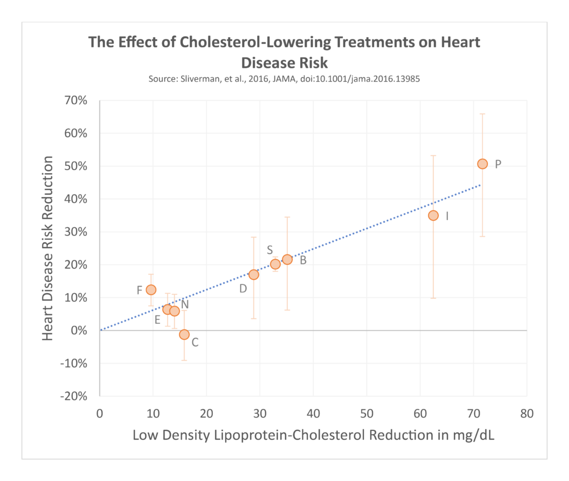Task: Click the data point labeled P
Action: pyautogui.click(x=482, y=164)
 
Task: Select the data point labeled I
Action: pyautogui.click(x=433, y=216)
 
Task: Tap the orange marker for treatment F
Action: pyautogui.click(x=151, y=289)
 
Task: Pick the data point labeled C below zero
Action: pyautogui.click(x=184, y=334)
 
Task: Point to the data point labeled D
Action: pyautogui.click(x=254, y=274)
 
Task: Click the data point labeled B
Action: pyautogui.click(x=287, y=259)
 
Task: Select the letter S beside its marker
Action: pyautogui.click(x=269, y=250)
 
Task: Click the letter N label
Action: pyautogui.click(x=185, y=304)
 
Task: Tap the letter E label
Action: pyautogui.click(x=157, y=320)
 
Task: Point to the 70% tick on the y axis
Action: pyautogui.click(x=77, y=101)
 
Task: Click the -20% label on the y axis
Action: pyautogui.click(x=74, y=396)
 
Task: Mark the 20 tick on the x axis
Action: pyautogui.click(x=206, y=414)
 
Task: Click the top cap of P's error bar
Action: pyautogui.click(x=482, y=114)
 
